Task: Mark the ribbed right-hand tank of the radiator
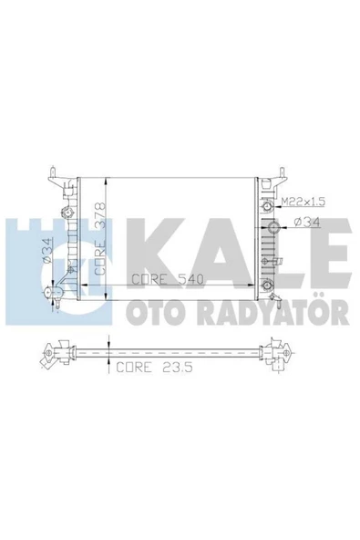coord(267,237)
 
